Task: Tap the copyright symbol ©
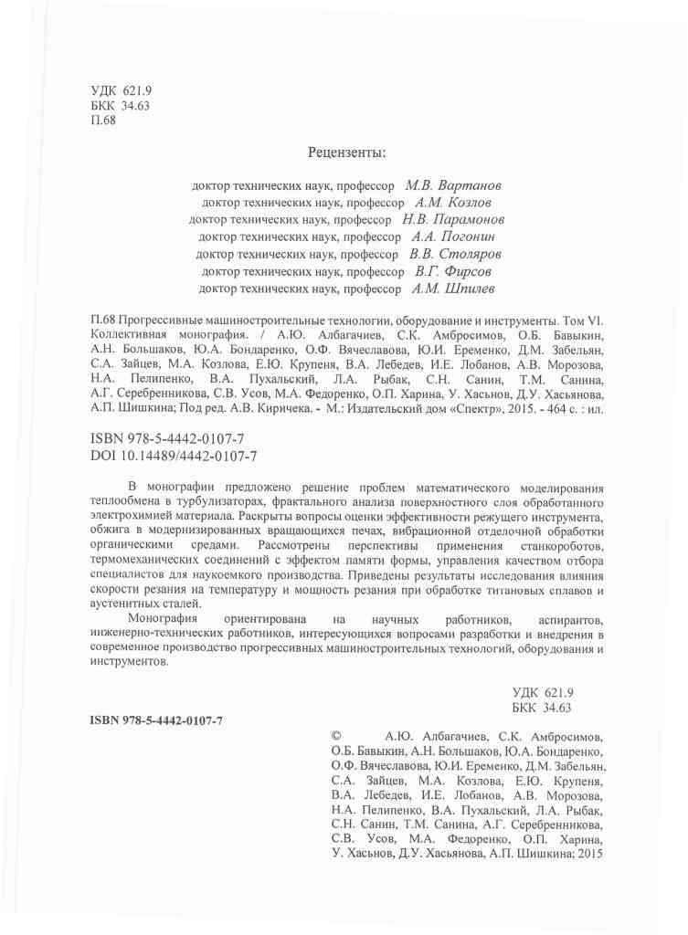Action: click(336, 734)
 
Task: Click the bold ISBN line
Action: click(156, 720)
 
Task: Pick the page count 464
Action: click(551, 410)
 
